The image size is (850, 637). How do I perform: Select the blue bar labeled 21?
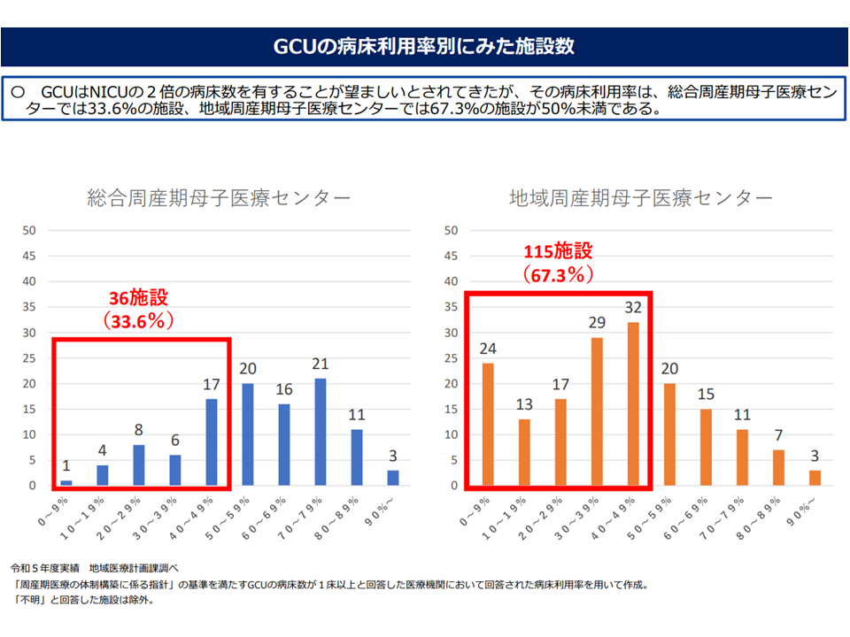point(320,432)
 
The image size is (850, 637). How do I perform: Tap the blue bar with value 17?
point(211,442)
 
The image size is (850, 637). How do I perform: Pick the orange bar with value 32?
point(633,403)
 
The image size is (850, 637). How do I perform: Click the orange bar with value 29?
point(597,411)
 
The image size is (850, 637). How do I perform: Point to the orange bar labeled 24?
point(488,425)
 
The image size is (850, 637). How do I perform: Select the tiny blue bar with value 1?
point(66,483)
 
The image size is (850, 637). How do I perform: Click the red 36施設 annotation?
point(140,298)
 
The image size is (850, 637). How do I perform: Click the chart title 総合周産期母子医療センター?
point(219,197)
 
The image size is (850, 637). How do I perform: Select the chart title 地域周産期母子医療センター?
point(640,197)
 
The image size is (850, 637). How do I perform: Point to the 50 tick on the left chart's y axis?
point(28,231)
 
